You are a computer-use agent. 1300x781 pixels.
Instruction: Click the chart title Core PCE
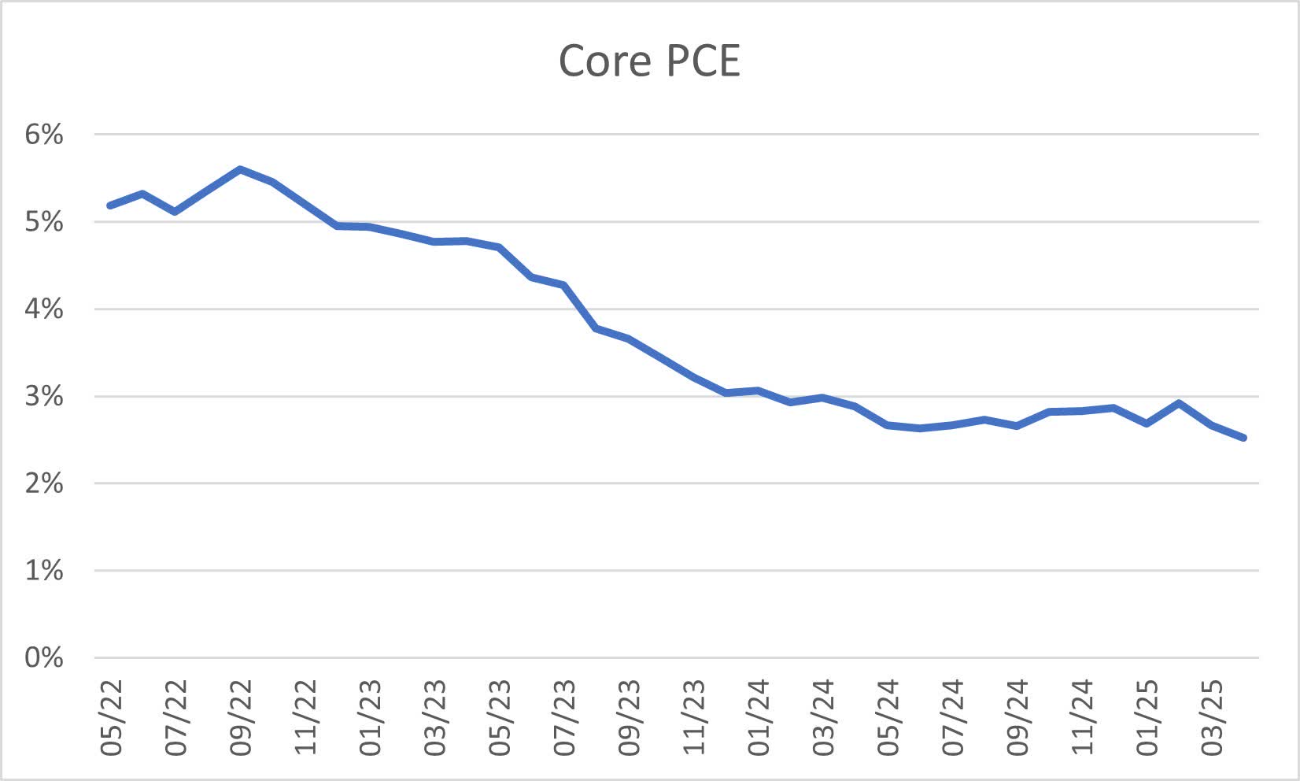pyautogui.click(x=649, y=61)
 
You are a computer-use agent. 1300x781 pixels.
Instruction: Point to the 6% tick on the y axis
pyautogui.click(x=44, y=135)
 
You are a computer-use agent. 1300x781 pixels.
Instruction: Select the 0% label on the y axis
pyautogui.click(x=44, y=657)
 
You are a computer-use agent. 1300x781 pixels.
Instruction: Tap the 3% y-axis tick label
pyautogui.click(x=44, y=396)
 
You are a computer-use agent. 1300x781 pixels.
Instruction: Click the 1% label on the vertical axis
pyautogui.click(x=44, y=571)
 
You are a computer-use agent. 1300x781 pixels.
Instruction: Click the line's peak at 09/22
pyautogui.click(x=240, y=169)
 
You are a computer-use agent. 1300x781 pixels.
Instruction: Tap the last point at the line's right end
pyautogui.click(x=1243, y=438)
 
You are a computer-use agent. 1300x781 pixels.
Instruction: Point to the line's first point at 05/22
pyautogui.click(x=110, y=205)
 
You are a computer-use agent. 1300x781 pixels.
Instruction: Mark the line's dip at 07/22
pyautogui.click(x=175, y=212)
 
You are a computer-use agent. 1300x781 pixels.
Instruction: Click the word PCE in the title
pyautogui.click(x=703, y=61)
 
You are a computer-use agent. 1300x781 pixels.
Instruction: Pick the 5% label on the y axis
pyautogui.click(x=44, y=222)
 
